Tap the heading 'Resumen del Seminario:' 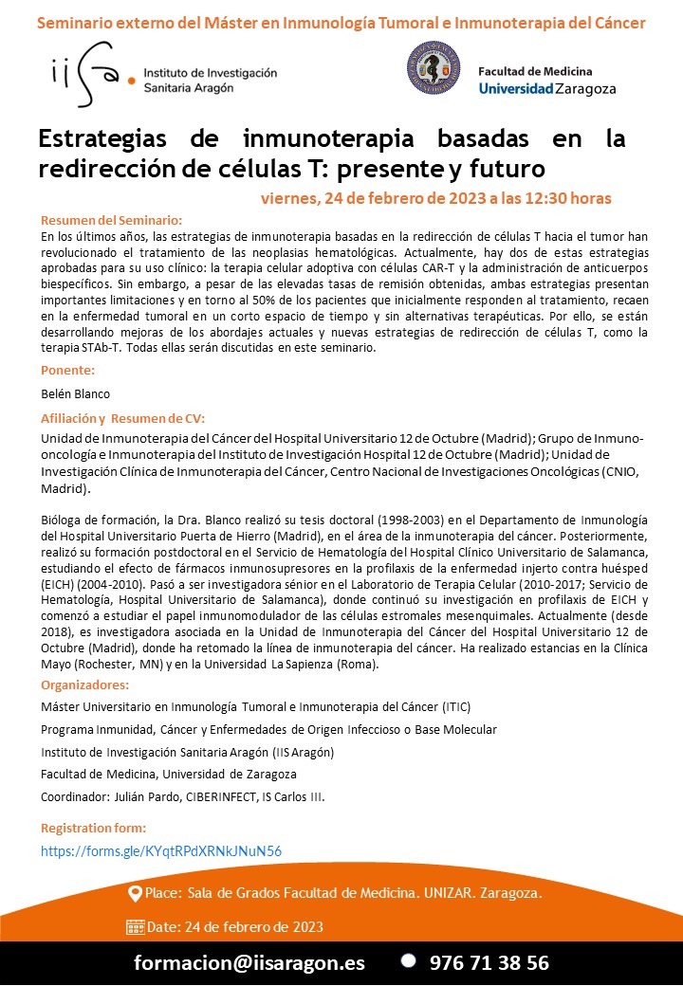[111, 220]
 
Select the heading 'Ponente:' [68, 370]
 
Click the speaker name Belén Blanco [75, 393]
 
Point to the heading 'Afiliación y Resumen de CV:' [123, 418]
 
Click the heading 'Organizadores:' [84, 685]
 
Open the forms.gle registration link [160, 851]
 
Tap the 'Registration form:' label [93, 828]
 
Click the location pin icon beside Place [135, 894]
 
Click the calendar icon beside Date [135, 927]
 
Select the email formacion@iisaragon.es [249, 962]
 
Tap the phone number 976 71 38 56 [489, 962]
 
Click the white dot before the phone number [408, 960]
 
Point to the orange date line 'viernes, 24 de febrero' [435, 198]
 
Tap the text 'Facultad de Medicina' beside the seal [535, 71]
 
